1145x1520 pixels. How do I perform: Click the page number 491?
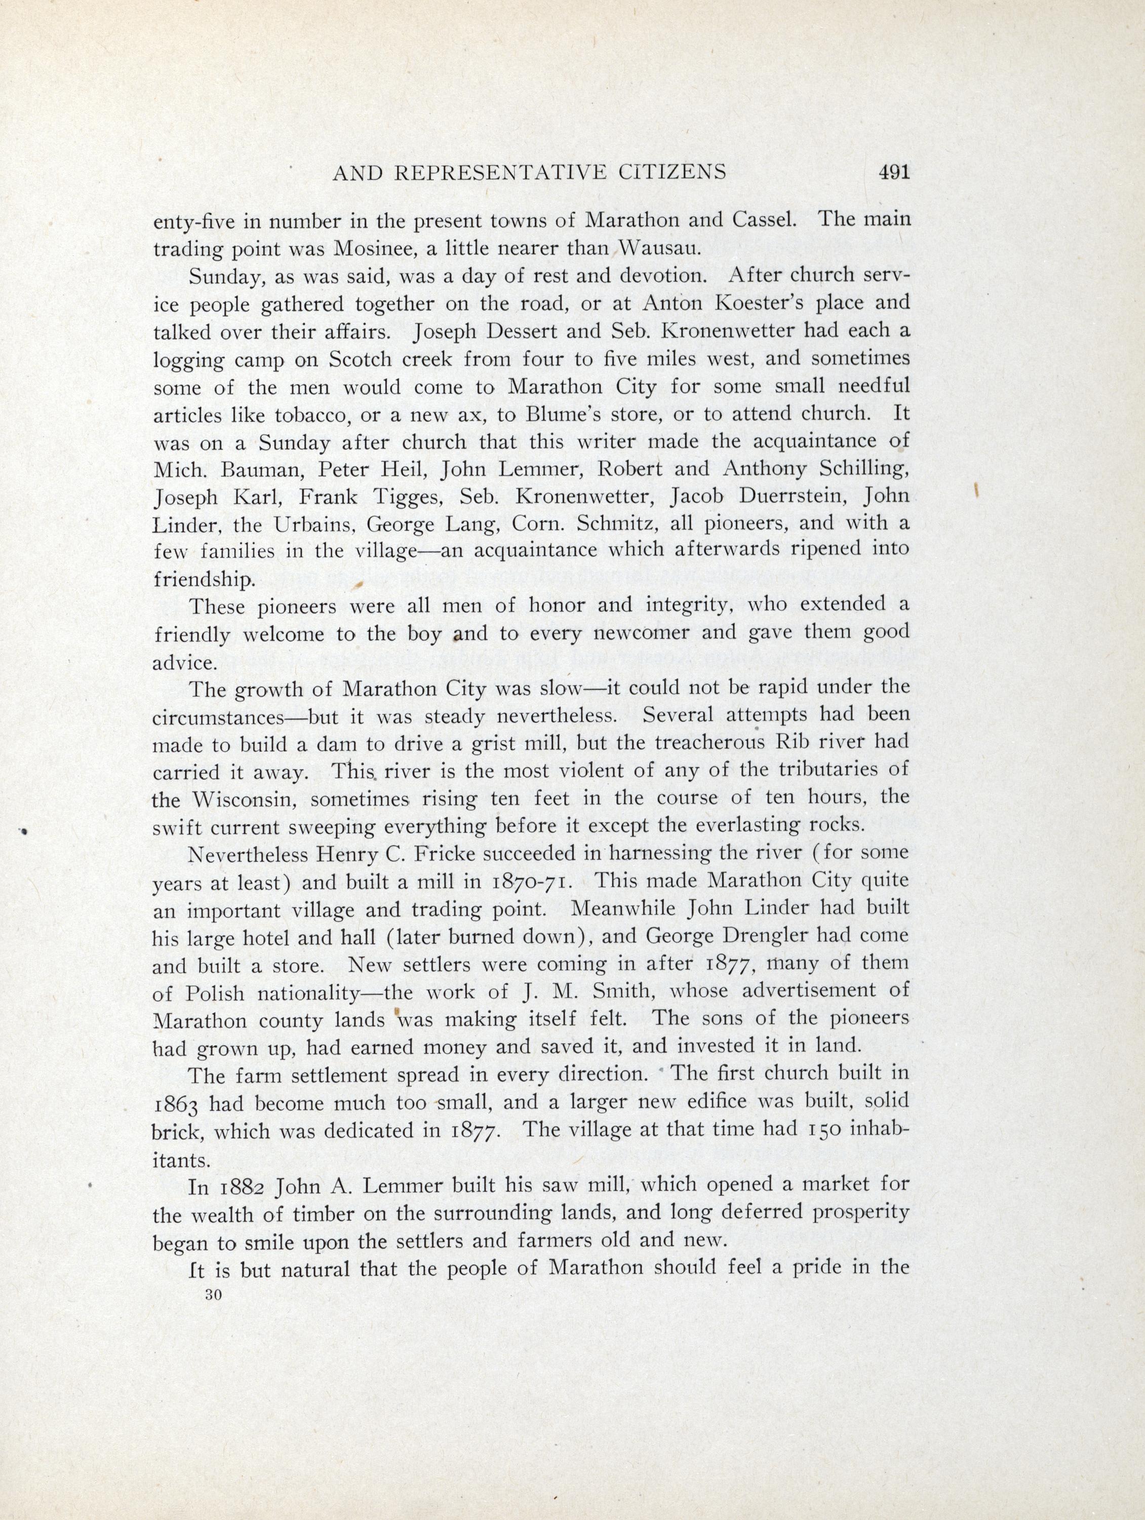coord(894,172)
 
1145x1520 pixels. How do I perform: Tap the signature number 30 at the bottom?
coord(212,1295)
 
